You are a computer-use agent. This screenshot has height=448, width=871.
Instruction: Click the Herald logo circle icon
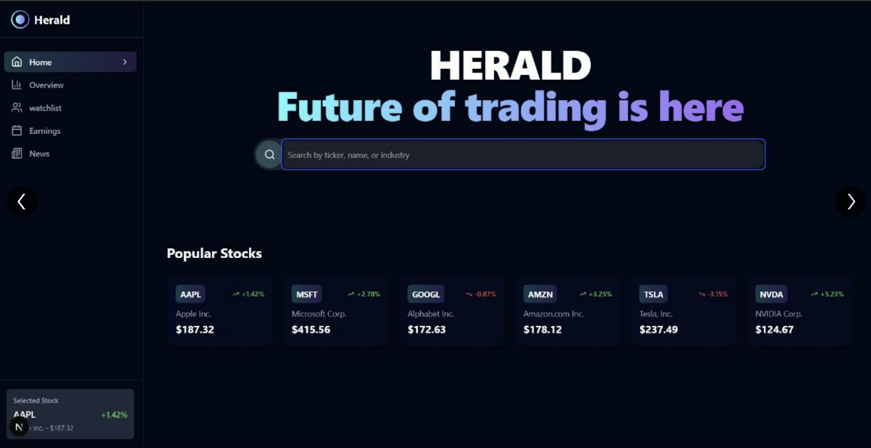pos(20,20)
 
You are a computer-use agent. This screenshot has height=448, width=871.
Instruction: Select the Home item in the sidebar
pos(70,62)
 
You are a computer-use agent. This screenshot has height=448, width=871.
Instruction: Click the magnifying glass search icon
pos(269,155)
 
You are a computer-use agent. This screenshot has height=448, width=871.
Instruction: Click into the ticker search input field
pos(523,155)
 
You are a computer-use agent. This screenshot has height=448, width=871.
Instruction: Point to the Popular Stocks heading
pos(214,253)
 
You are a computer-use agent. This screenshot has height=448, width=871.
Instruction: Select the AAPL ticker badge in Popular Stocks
pos(190,294)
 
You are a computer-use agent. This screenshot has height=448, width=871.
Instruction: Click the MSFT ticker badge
pos(306,294)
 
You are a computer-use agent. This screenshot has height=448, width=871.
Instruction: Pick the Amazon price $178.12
pos(542,330)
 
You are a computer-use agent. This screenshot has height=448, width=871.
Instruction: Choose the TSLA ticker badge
pos(653,294)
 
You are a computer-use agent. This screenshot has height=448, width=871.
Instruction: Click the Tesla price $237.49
pos(658,330)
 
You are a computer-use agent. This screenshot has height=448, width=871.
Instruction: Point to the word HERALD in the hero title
pos(510,65)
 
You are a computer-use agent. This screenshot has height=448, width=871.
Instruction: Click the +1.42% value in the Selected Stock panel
pos(114,415)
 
